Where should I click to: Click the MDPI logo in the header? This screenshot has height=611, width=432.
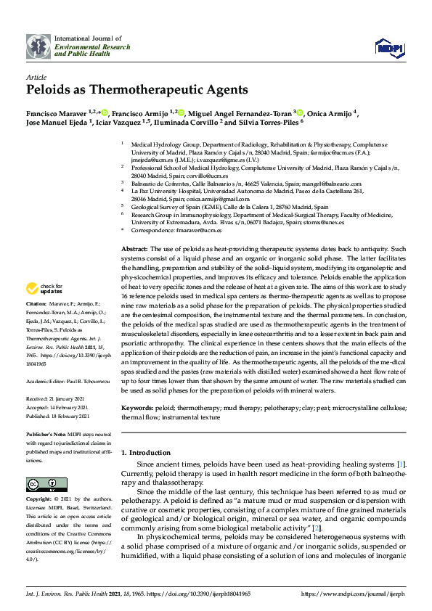tap(388, 48)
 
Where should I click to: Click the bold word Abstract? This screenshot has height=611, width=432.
tap(135, 249)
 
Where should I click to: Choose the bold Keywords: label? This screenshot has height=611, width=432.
tap(138, 409)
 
